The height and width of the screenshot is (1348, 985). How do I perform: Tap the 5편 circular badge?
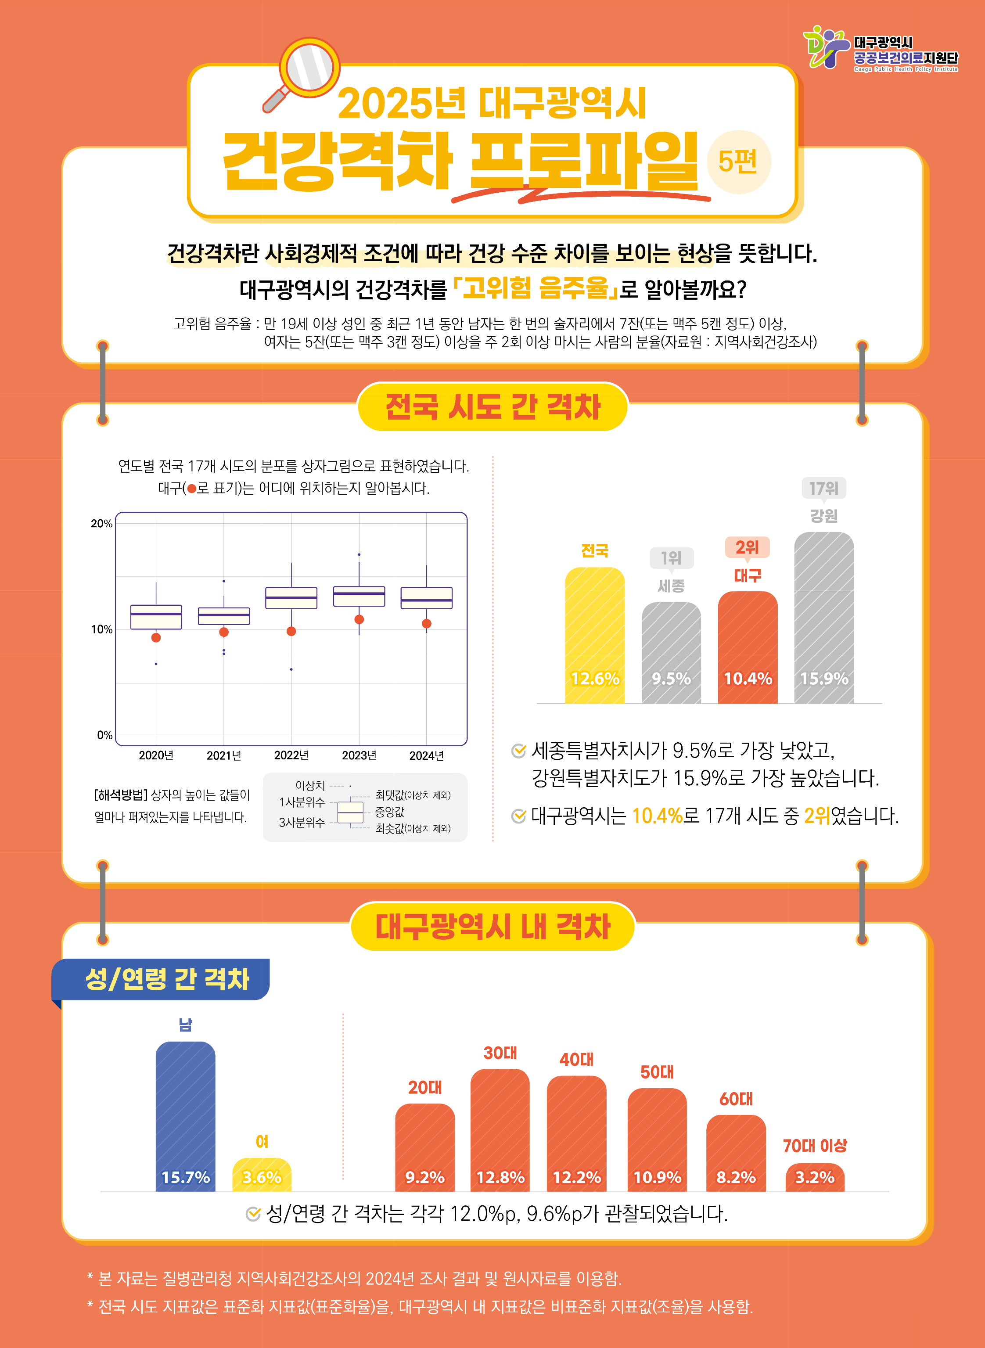pyautogui.click(x=738, y=162)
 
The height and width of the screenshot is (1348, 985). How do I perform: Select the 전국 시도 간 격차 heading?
pyautogui.click(x=492, y=407)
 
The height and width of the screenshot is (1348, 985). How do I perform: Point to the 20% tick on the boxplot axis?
pyautogui.click(x=101, y=524)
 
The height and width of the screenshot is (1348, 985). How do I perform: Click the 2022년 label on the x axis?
pyautogui.click(x=291, y=755)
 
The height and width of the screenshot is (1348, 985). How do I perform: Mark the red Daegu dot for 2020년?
pyautogui.click(x=156, y=637)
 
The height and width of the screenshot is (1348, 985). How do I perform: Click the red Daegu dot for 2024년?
pyautogui.click(x=426, y=624)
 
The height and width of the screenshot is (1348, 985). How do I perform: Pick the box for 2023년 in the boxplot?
pyautogui.click(x=359, y=596)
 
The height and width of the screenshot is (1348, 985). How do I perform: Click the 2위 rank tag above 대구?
pyautogui.click(x=747, y=547)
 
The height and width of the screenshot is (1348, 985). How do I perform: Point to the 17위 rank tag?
pyautogui.click(x=823, y=488)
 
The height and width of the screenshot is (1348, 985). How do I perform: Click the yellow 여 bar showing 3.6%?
pyautogui.click(x=262, y=1175)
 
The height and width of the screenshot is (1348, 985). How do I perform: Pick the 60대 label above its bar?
pyautogui.click(x=736, y=1099)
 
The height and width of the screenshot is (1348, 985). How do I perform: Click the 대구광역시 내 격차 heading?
pyautogui.click(x=492, y=927)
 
